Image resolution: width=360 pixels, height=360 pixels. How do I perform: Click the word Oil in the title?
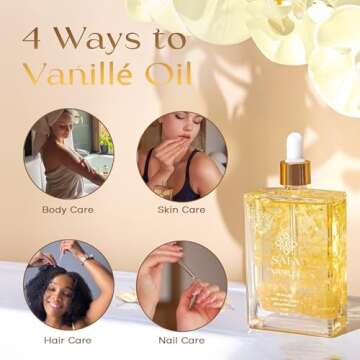(x=167, y=76)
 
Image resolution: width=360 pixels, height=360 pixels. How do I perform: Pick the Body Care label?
(x=68, y=210)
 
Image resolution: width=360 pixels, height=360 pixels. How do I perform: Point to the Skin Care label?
(x=181, y=210)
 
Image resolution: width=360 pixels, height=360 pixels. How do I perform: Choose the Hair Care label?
(x=67, y=340)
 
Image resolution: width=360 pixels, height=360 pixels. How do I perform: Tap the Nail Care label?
(x=181, y=340)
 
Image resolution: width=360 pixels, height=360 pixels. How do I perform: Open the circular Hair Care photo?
(x=68, y=283)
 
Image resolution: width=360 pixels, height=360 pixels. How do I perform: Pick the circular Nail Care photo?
(x=181, y=283)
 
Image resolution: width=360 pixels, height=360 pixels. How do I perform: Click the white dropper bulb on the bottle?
(x=294, y=146)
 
